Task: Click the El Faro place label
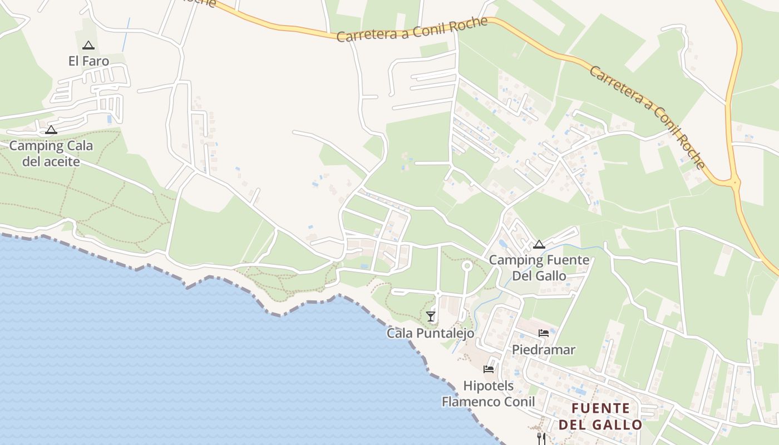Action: [88, 61]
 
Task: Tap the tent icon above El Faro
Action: [88, 46]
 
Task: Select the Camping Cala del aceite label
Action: [51, 154]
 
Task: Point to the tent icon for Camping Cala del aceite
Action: [51, 130]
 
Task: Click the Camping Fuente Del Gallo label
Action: [539, 268]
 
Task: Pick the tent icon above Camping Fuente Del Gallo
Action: [539, 244]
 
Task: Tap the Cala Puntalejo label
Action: [431, 333]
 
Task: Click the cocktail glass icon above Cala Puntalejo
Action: [430, 317]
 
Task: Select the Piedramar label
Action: [543, 350]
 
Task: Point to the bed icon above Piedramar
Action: [544, 333]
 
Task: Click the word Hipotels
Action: [489, 385]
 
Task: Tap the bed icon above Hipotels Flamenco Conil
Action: [489, 369]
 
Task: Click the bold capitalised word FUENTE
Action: [601, 408]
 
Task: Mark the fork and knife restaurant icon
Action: [541, 438]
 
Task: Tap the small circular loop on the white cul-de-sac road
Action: [467, 266]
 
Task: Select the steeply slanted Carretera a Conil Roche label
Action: [647, 117]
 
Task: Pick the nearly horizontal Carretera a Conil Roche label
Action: [412, 29]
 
